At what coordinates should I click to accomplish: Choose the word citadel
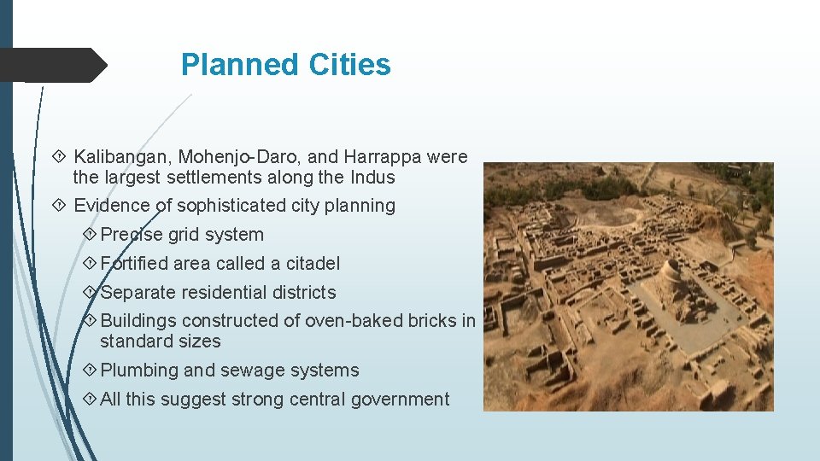(x=313, y=264)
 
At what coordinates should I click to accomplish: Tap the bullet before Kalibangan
(x=59, y=157)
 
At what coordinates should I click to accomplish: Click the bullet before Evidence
(x=59, y=206)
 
